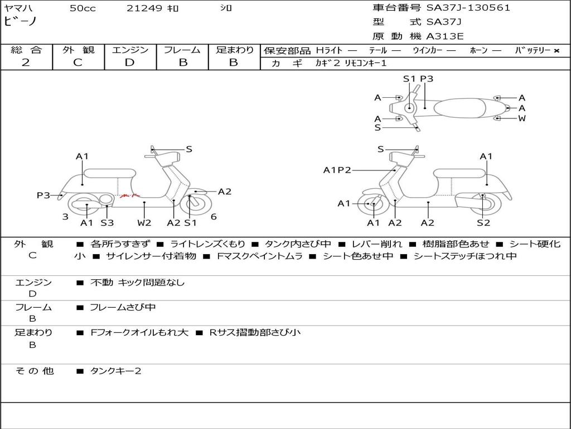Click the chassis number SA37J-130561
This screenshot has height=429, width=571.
click(x=468, y=8)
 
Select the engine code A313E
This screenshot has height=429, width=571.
click(x=444, y=36)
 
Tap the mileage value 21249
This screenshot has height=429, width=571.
click(x=144, y=8)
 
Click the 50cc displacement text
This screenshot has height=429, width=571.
click(x=83, y=8)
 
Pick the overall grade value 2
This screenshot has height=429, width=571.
click(x=26, y=63)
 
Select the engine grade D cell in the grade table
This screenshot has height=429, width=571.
click(x=129, y=63)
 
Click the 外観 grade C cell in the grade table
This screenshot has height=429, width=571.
click(x=78, y=63)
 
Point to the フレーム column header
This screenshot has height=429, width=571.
click(x=182, y=50)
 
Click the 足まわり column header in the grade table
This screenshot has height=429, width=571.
click(x=234, y=50)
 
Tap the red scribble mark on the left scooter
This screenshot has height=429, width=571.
click(x=129, y=196)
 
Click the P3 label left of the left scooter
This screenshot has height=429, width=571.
click(x=43, y=196)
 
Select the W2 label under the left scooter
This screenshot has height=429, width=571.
click(x=144, y=223)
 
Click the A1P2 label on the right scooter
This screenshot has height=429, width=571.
click(x=337, y=170)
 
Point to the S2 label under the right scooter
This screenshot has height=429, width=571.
click(x=483, y=223)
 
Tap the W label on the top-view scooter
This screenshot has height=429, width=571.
click(x=522, y=118)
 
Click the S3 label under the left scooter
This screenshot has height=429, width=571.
click(x=107, y=223)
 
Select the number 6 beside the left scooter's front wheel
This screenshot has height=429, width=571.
click(x=214, y=217)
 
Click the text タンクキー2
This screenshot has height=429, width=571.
click(x=116, y=371)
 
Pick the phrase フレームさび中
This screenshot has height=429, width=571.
click(x=123, y=307)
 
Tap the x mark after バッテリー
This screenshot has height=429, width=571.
click(x=556, y=50)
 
